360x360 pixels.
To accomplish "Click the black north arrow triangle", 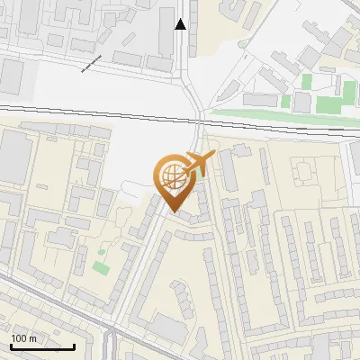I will [x=181, y=24].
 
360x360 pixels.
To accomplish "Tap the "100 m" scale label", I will [x=24, y=338].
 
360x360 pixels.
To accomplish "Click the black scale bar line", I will [x=42, y=346].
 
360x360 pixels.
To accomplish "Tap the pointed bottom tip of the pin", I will [x=174, y=211].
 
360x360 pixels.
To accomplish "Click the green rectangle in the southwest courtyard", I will [x=101, y=267].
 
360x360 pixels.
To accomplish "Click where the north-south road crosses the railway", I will [x=199, y=118].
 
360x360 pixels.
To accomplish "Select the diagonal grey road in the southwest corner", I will [x=45, y=306].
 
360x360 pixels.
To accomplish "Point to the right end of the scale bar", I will [x=74, y=346].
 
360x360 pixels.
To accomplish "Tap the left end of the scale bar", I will [x=11, y=346].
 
